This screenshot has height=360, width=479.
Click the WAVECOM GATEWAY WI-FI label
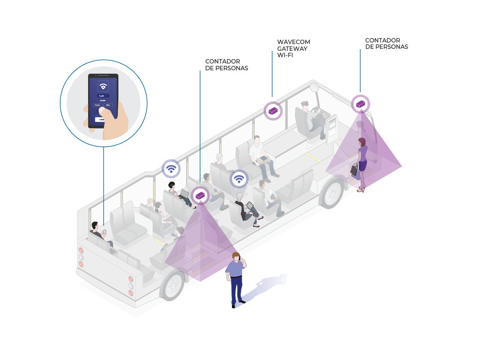click(x=293, y=48)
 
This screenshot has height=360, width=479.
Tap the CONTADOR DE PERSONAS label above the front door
click(x=386, y=43)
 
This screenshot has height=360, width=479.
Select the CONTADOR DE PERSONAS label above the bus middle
click(x=226, y=65)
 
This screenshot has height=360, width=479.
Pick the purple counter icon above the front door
click(x=360, y=104)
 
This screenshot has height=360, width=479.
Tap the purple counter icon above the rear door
click(x=200, y=195)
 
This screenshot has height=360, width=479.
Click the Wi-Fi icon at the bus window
click(x=171, y=169)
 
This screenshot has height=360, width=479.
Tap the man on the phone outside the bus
click(x=236, y=278)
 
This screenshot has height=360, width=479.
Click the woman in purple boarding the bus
click(x=362, y=163)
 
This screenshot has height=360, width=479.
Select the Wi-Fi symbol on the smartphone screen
click(x=103, y=86)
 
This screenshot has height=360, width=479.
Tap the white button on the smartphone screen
click(x=102, y=119)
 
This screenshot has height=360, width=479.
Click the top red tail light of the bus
click(x=81, y=250)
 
